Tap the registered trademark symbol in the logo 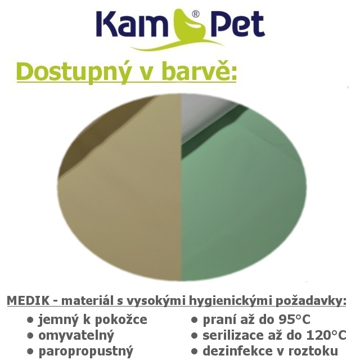(x=195, y=14)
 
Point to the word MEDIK (x=28, y=300)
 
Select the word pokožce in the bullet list (x=120, y=319)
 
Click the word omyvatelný (x=76, y=336)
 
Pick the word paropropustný (x=86, y=352)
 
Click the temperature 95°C (x=294, y=319)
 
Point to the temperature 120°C (x=326, y=335)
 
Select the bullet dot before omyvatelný (x=30, y=336)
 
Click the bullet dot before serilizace (x=194, y=336)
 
